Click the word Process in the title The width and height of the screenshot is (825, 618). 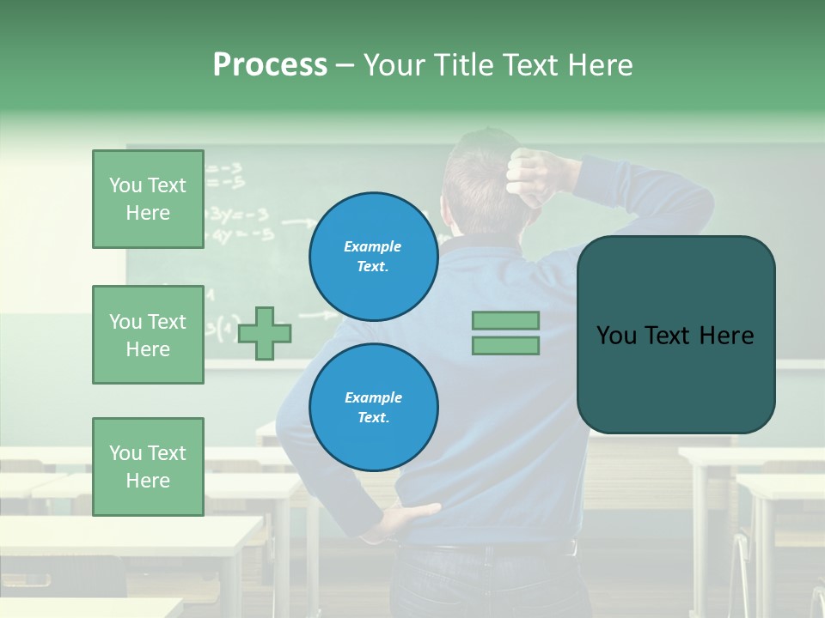[x=270, y=65]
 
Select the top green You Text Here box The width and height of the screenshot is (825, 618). [x=148, y=199]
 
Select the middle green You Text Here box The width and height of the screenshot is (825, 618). [x=148, y=335]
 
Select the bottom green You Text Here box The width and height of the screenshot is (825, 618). [x=148, y=467]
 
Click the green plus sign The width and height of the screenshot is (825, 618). [x=264, y=333]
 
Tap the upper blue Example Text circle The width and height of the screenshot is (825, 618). [x=373, y=256]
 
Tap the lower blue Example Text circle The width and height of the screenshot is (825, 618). [x=373, y=407]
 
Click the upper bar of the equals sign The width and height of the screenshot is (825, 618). [x=505, y=320]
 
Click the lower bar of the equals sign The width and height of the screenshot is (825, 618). [x=505, y=346]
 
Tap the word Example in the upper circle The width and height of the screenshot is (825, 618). [x=372, y=246]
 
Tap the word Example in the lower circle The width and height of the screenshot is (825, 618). [x=373, y=397]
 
